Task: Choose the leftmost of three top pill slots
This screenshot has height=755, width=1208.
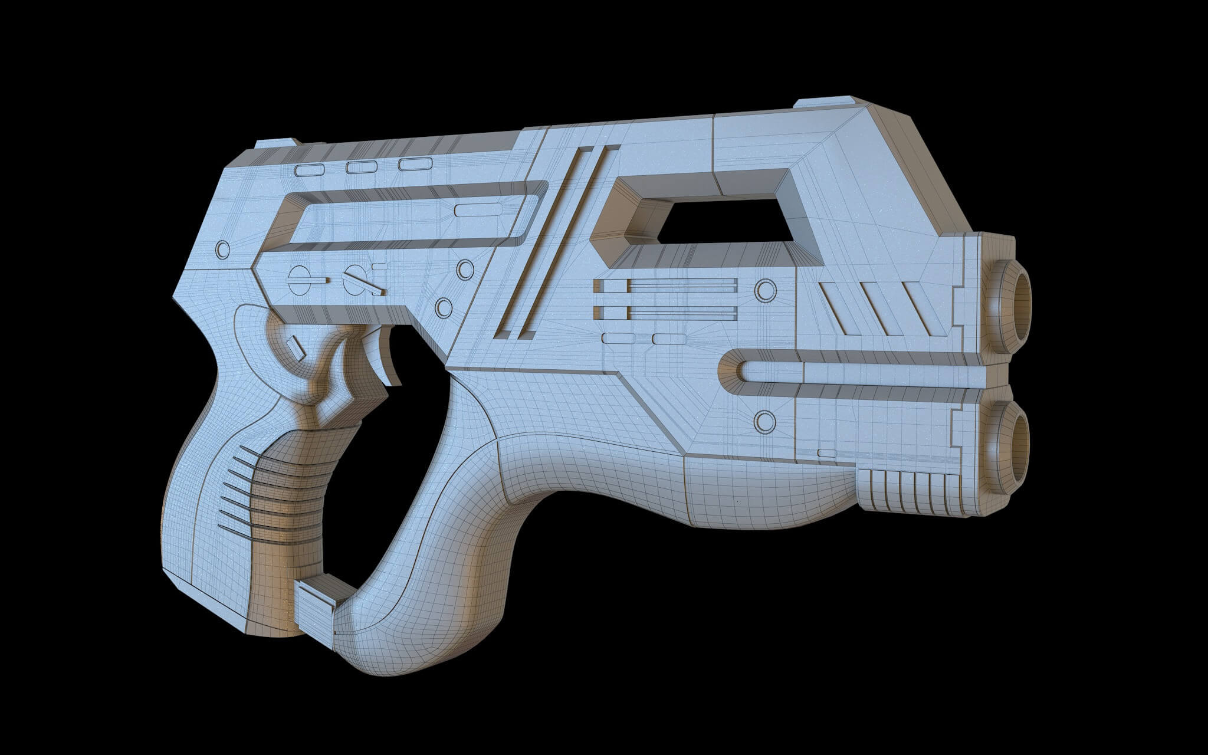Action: (x=310, y=171)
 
